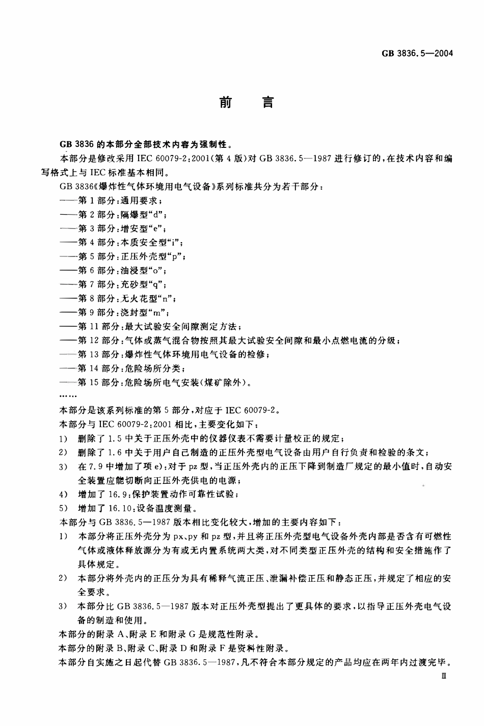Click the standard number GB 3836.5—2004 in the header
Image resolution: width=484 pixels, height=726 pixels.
[x=416, y=54]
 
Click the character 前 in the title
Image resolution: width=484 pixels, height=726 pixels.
[x=225, y=102]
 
